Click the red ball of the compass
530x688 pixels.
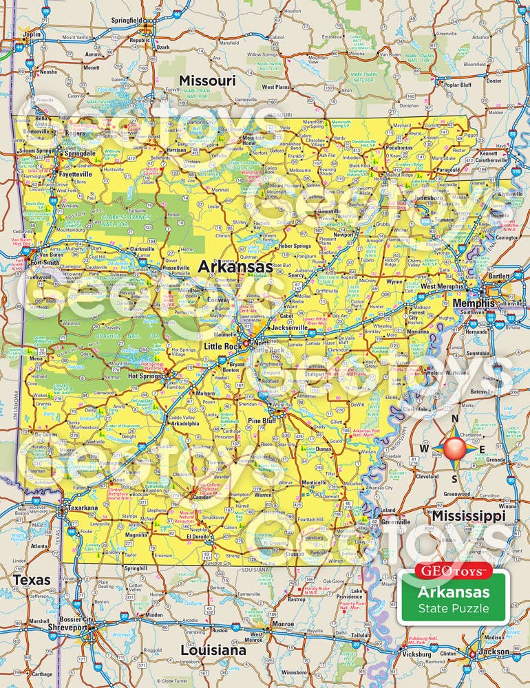(x=454, y=449)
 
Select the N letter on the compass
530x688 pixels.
(x=454, y=419)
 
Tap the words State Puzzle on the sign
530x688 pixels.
(x=453, y=608)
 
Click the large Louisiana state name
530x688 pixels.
(x=213, y=649)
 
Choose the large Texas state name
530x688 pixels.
(x=32, y=580)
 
